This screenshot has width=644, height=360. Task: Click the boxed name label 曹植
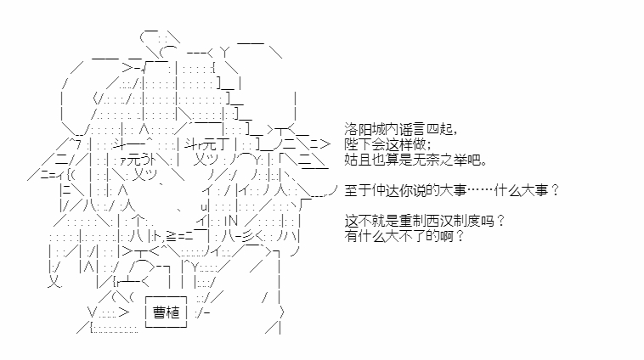coord(167,312)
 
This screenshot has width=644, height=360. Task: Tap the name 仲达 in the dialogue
coord(385,190)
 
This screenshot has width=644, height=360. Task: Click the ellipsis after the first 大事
coord(480,190)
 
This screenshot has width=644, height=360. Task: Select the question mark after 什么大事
coord(555,190)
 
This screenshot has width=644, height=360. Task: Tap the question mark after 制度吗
coord(500,221)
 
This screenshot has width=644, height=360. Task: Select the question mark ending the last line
coord(460,236)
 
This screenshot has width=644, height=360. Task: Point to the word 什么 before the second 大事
coord(508,190)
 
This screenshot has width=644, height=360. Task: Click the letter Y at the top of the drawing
coord(225,53)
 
